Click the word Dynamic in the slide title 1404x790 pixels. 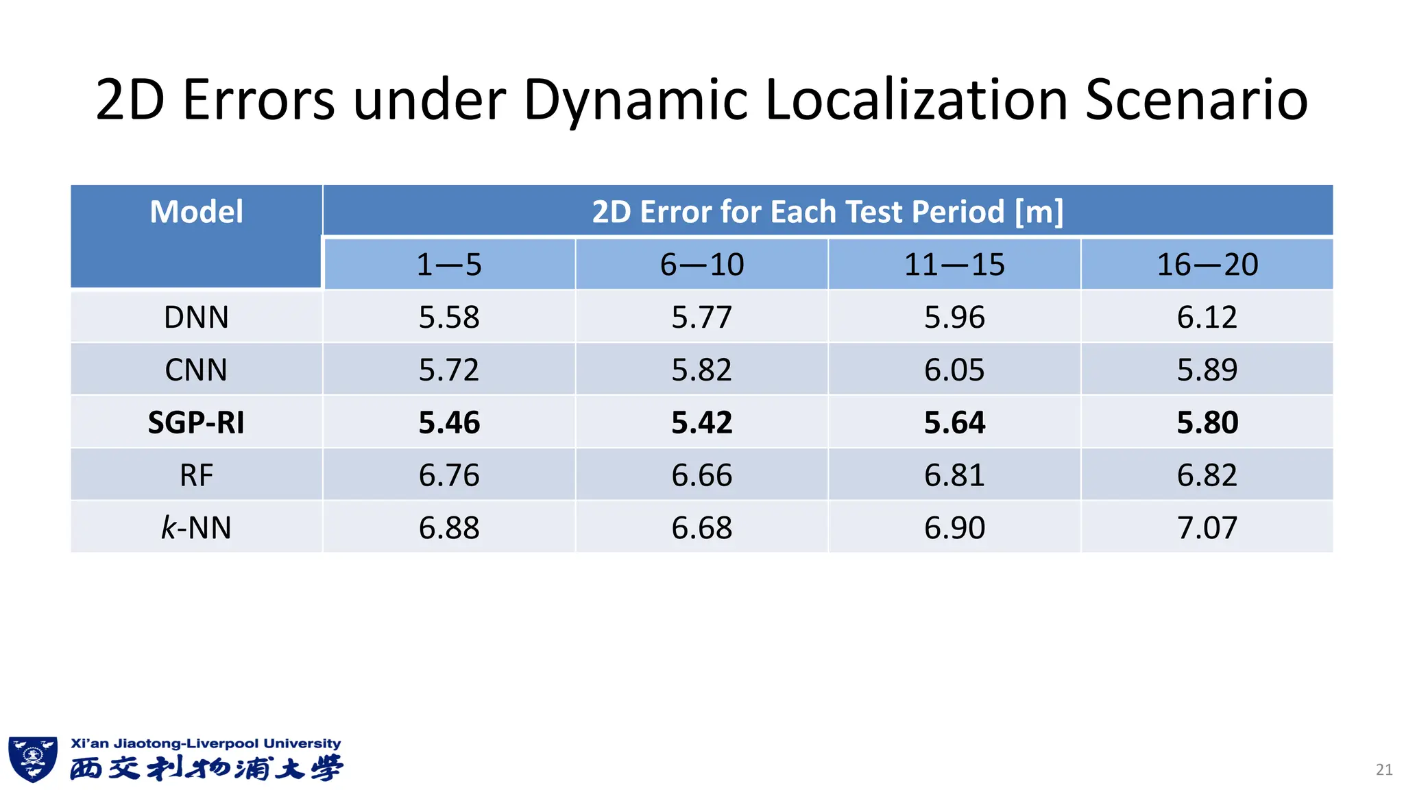click(634, 100)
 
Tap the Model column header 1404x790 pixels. click(196, 212)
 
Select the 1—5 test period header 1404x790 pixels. click(449, 265)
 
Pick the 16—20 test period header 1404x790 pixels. click(1207, 265)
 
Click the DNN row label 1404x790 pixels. click(196, 318)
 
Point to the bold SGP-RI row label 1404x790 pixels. click(196, 422)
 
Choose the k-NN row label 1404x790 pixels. click(196, 528)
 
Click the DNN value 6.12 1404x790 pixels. click(1207, 318)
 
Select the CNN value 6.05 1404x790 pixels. click(954, 370)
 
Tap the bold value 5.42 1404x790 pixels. click(701, 422)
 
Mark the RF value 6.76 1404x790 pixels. click(449, 475)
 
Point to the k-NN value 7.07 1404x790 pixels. click(1207, 528)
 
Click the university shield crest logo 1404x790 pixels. click(32, 759)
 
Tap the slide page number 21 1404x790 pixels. click(1384, 769)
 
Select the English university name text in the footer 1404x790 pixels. click(206, 743)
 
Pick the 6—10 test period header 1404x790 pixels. click(701, 265)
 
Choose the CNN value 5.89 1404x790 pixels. click(1207, 370)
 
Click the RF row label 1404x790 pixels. click(196, 475)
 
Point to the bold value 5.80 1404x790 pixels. click(1207, 422)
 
